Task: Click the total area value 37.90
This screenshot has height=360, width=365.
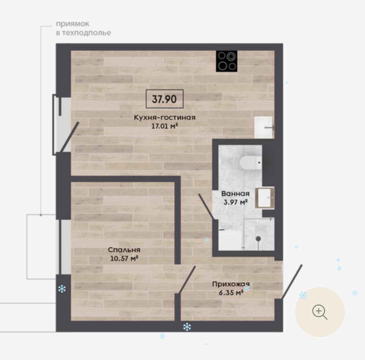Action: click(164, 99)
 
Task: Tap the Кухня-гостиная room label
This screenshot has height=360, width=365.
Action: click(164, 117)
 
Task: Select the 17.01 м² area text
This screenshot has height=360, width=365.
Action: click(164, 126)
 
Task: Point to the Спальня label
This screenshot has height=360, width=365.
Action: click(124, 250)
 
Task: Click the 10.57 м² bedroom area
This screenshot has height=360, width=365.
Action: click(124, 258)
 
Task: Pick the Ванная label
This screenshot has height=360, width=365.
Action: click(235, 194)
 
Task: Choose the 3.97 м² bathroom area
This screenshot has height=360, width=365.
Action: click(235, 202)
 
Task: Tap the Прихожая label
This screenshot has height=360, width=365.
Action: click(231, 284)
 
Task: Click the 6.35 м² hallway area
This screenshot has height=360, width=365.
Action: click(231, 293)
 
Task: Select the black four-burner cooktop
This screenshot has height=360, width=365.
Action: click(227, 61)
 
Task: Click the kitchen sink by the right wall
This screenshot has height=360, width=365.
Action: click(264, 127)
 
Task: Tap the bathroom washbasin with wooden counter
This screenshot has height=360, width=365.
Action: click(265, 198)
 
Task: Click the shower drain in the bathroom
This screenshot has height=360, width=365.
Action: click(258, 239)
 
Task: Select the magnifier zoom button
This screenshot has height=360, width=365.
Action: click(320, 312)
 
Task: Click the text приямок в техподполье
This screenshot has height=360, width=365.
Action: click(83, 28)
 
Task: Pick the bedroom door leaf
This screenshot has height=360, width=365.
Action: click(187, 280)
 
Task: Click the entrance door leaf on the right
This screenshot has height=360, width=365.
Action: click(292, 282)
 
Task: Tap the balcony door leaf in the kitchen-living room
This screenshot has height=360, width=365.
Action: click(69, 137)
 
